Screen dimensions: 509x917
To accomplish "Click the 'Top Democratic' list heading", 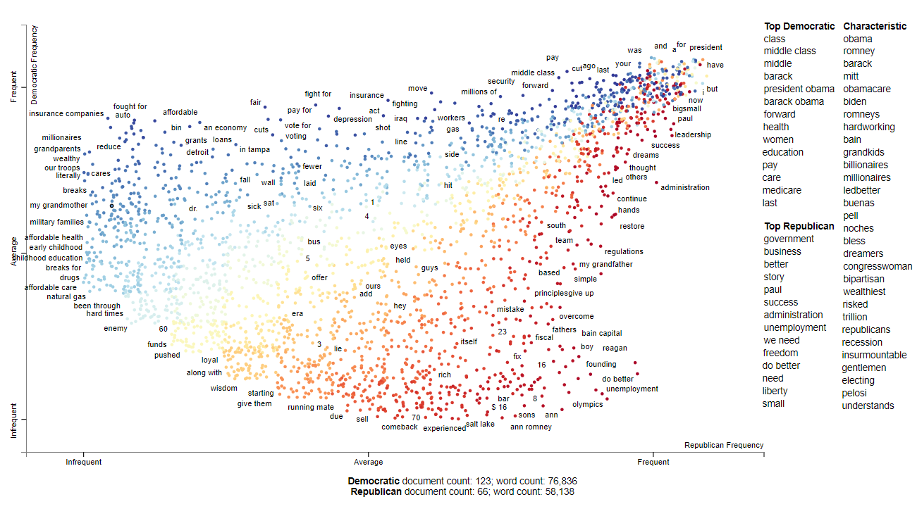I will coord(799,26).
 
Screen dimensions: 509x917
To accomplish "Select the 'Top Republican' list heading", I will coord(799,226).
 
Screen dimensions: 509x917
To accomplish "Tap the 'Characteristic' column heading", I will coord(875,26).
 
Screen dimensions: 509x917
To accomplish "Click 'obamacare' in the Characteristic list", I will coord(866,89).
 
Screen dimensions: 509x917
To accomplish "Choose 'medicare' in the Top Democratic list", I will coord(782,190).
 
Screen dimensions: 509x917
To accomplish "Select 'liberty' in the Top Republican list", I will coord(775,391).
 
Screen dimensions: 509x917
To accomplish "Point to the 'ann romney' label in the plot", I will coord(531,427).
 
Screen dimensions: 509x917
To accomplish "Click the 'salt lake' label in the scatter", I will coord(480,424).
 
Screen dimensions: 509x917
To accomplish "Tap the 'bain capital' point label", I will coord(601,333).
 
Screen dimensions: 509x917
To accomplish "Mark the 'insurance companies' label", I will coord(66,113).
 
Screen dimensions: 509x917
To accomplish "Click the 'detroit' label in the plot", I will coord(197,152).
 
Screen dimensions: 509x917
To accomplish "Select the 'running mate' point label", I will coord(310,407).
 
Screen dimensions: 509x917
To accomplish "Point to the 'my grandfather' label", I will coord(605,265).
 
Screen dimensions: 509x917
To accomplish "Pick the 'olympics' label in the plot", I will coord(587,404).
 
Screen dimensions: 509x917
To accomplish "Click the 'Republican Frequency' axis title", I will coord(723,445).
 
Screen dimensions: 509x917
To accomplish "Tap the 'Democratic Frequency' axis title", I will coord(35,65).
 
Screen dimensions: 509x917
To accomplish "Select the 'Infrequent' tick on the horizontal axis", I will coord(83,462).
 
